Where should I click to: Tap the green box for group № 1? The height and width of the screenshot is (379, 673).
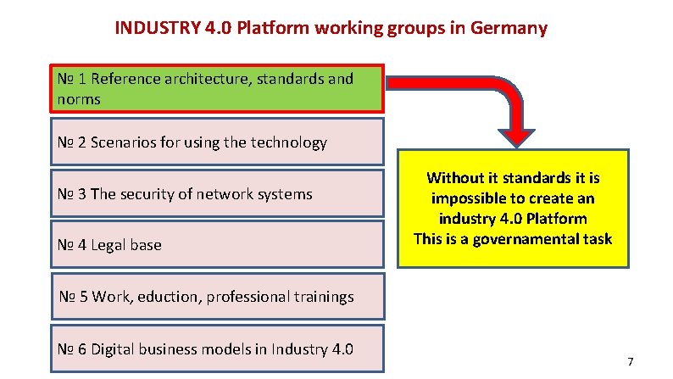[x=216, y=88]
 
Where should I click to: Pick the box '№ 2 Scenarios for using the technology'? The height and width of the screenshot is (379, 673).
[x=216, y=142]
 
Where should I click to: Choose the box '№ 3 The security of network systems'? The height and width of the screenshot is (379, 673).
[x=216, y=194]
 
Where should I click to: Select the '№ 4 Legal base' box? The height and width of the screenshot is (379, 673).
[x=216, y=245]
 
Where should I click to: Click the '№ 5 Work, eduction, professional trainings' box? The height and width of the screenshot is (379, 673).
[x=216, y=297]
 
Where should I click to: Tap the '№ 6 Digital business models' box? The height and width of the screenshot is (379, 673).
[x=216, y=348]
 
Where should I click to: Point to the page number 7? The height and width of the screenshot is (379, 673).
[x=631, y=362]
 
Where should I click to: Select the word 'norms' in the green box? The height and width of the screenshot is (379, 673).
[x=79, y=99]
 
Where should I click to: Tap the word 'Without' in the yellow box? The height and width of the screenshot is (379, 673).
[x=457, y=177]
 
